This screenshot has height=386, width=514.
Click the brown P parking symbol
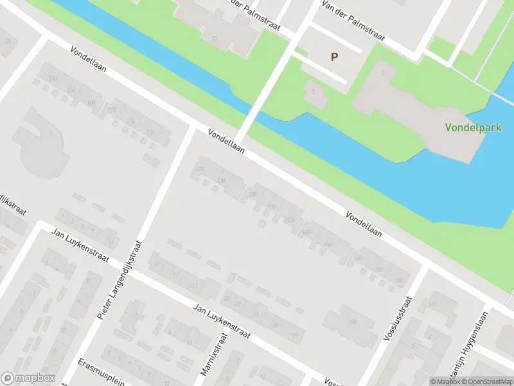click(x=334, y=57)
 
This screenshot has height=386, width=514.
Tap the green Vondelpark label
click(x=473, y=127)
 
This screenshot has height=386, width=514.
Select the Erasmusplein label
click(x=99, y=371)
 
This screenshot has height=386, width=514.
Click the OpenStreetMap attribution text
click(x=486, y=381)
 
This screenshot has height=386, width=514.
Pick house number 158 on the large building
click(x=351, y=322)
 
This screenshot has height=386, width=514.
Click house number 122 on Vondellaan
click(x=200, y=169)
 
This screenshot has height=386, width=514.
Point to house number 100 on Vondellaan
click(x=52, y=78)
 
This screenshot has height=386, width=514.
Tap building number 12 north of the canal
click(x=214, y=39)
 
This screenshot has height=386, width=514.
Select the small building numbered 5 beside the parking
click(x=313, y=92)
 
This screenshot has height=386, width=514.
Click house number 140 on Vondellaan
click(x=307, y=232)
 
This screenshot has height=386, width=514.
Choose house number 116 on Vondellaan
click(x=151, y=132)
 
